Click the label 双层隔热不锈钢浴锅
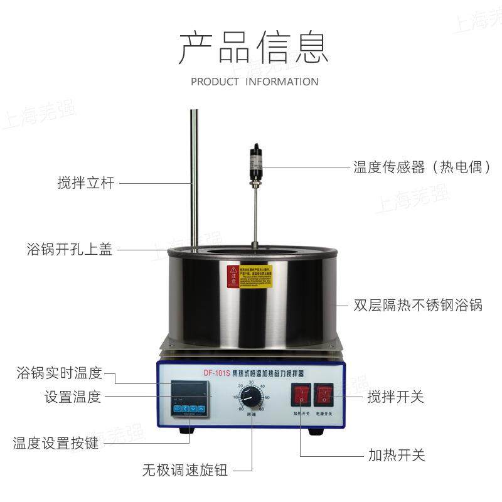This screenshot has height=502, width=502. pyautogui.click(x=417, y=306)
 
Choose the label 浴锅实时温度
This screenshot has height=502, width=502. pyautogui.click(x=59, y=373)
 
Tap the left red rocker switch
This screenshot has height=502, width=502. pyautogui.click(x=300, y=395)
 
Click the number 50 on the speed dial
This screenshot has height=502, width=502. pyautogui.click(x=267, y=398)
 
